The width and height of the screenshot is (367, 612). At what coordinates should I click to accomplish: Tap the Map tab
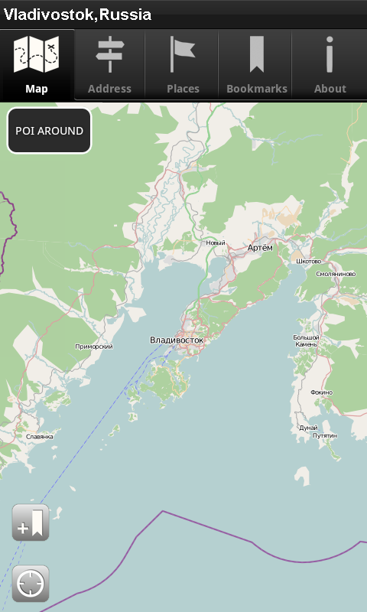37,66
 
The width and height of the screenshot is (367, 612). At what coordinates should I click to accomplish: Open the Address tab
109,66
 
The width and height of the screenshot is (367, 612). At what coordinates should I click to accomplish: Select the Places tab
183,66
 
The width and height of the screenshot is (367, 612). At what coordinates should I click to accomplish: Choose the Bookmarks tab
256,66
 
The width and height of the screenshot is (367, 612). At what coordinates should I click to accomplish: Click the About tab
330,66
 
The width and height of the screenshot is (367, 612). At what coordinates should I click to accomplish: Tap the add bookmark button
31,523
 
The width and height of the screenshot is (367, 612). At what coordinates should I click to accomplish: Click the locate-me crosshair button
31,584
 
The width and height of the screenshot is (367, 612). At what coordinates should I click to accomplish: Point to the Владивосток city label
177,340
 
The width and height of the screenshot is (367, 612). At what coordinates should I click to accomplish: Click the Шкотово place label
309,261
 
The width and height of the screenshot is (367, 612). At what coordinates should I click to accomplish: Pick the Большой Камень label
306,340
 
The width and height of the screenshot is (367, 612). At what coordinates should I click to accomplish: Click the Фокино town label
322,392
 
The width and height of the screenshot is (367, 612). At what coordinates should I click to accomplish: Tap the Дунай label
308,428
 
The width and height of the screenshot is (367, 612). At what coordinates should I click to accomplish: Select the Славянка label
40,437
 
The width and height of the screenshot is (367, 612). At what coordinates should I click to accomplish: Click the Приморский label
95,347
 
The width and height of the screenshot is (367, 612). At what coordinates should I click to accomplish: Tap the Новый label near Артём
216,243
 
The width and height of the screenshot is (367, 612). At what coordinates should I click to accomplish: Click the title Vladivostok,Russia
78,15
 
